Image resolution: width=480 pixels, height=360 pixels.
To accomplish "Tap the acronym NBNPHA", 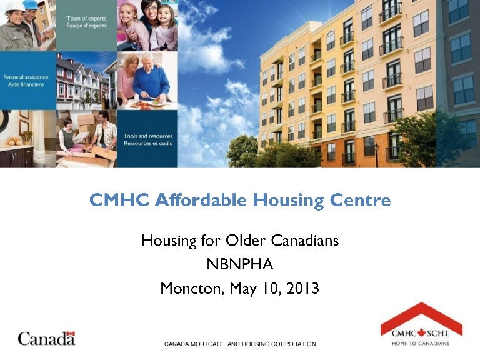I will click(x=239, y=264).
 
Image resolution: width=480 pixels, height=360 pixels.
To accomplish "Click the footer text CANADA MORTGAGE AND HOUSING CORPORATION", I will click(x=240, y=344).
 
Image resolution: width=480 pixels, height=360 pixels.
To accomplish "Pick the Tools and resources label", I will click(x=147, y=138).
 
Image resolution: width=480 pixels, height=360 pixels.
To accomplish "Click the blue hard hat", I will click(x=31, y=4).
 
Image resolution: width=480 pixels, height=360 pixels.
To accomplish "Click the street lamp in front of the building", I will click(x=376, y=153).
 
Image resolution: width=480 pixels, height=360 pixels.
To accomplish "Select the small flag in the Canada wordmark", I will click(x=70, y=334).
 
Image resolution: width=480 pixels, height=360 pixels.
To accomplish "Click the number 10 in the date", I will click(x=268, y=289).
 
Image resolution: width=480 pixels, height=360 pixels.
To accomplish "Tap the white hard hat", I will click(x=13, y=7).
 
